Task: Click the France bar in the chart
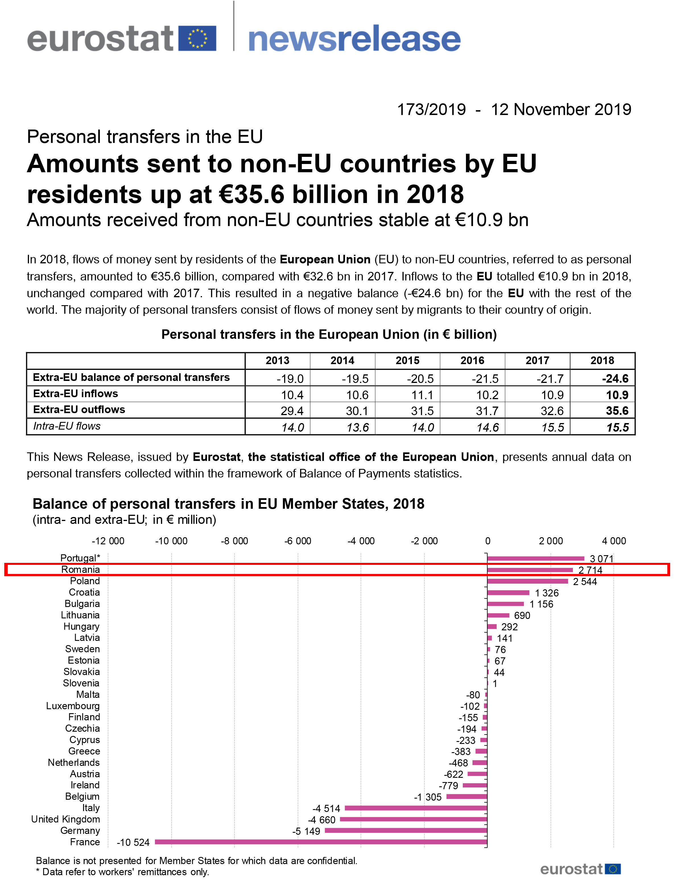coord(321,842)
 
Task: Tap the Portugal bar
coord(536,559)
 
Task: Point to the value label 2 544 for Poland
coord(585,581)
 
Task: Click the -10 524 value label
coord(133,842)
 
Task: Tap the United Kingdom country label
coord(66,819)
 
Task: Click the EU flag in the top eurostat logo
coord(197,38)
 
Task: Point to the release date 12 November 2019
coord(561,109)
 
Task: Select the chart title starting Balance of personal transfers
coord(228,504)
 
